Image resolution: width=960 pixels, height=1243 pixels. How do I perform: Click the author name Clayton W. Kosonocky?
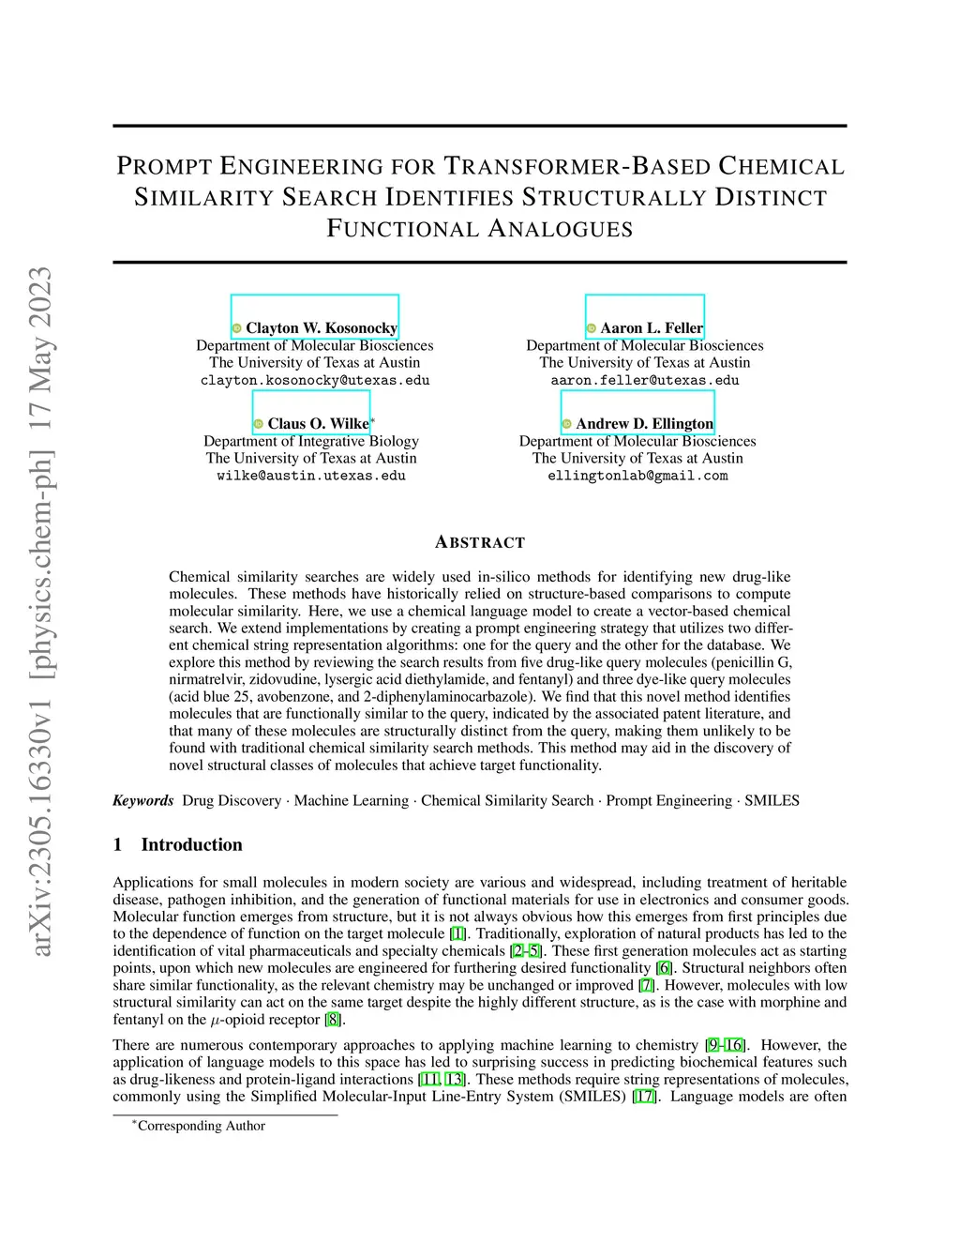322,328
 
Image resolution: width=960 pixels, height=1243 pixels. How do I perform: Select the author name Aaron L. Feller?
652,328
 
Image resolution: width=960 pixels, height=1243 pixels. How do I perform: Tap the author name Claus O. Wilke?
318,424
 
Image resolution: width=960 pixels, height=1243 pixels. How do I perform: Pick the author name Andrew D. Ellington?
644,424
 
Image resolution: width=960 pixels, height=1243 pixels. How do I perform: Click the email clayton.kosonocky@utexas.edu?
315,381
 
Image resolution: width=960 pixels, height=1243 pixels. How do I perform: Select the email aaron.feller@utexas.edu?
645,381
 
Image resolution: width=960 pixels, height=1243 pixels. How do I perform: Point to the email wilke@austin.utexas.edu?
311,476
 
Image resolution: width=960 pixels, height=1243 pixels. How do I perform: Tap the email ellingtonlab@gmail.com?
637,476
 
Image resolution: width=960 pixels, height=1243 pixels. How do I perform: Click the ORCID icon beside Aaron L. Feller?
592,328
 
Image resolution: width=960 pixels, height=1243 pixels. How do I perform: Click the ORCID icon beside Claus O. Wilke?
259,424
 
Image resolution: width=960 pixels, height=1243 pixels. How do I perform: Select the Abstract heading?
480,542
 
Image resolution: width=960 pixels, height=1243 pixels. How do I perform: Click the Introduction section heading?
191,844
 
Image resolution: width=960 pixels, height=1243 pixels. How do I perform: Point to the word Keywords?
143,800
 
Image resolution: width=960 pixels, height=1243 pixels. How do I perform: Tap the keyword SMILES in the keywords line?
772,800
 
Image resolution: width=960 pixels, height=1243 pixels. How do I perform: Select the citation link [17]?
644,1097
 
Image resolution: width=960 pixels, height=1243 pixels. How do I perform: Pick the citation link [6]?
665,968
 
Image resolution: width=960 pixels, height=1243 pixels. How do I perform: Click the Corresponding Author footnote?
201,1126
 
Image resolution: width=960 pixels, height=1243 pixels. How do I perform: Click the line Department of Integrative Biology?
311,441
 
